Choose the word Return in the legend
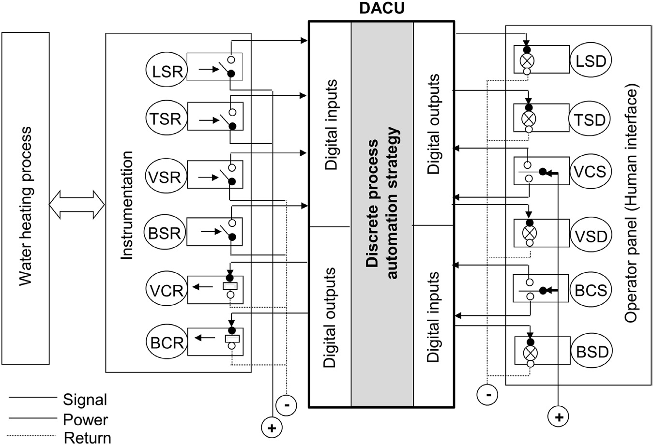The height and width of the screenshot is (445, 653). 87,438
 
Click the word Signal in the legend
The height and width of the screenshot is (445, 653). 85,400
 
